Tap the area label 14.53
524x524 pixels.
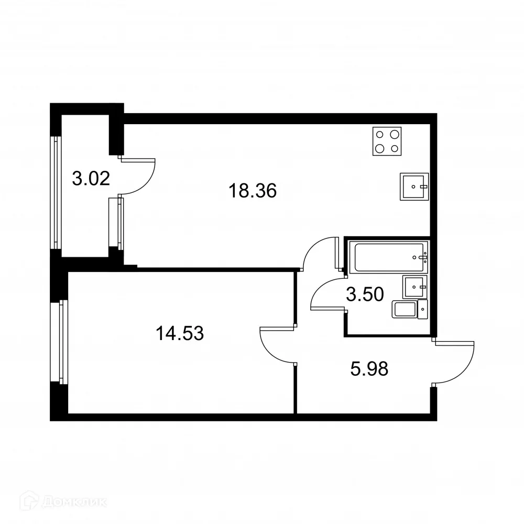[x=179, y=333]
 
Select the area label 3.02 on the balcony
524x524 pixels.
[x=91, y=179]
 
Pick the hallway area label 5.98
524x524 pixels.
[x=369, y=369]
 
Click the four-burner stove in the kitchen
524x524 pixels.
[x=388, y=141]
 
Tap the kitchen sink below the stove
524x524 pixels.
[x=414, y=186]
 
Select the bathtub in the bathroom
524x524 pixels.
[x=390, y=257]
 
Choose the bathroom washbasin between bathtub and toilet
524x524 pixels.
[x=414, y=287]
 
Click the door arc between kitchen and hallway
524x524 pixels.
[x=318, y=254]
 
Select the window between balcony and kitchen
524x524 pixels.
[x=121, y=223]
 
